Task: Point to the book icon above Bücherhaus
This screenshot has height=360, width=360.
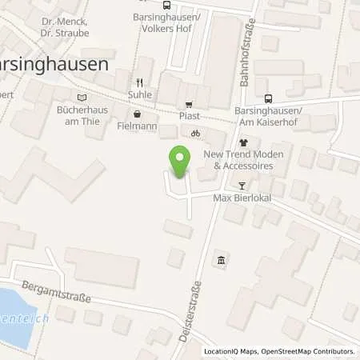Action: pyautogui.click(x=81, y=98)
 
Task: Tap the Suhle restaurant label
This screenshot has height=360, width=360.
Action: pyautogui.click(x=139, y=94)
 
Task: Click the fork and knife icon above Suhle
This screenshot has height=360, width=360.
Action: pyautogui.click(x=139, y=82)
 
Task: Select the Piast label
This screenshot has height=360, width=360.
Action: pyautogui.click(x=190, y=115)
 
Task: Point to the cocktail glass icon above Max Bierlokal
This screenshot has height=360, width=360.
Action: pyautogui.click(x=243, y=185)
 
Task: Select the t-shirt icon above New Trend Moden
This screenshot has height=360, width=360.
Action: pyautogui.click(x=244, y=142)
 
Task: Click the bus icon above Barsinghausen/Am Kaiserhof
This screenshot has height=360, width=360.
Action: pyautogui.click(x=269, y=98)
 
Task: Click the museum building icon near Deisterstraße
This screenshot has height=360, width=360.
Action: pyautogui.click(x=221, y=259)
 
